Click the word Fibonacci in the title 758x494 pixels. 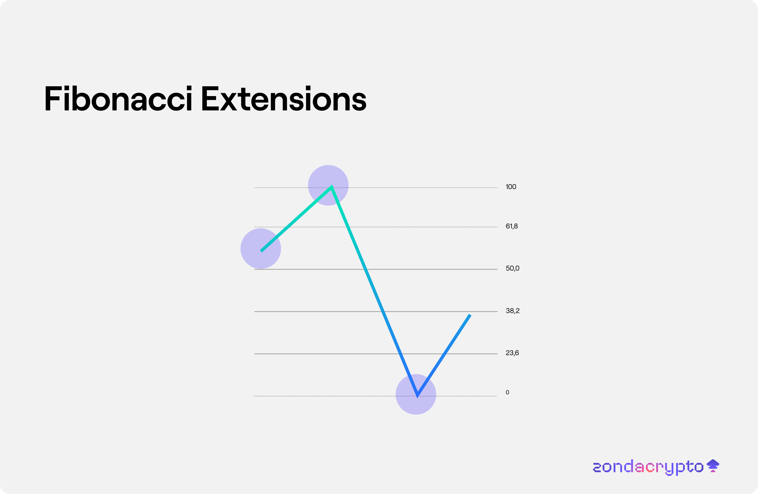coord(118,98)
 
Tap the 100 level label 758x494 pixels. coord(511,187)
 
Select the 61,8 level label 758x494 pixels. coord(511,226)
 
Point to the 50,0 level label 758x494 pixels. coord(512,268)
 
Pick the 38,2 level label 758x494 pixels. coord(512,311)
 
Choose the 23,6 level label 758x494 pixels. coord(512,353)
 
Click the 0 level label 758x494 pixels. coord(507,392)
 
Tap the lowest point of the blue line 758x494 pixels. coord(417,396)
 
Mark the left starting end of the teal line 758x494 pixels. coord(261,251)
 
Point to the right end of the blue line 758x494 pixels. coord(470,315)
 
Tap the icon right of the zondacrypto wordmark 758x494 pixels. coord(713,466)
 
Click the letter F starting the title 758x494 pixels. coord(53,98)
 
